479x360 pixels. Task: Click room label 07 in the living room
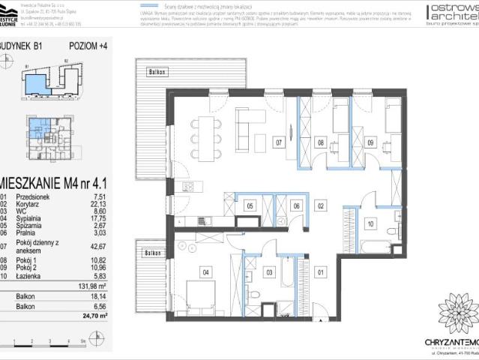[277, 141]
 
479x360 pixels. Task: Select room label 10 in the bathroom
[370, 223]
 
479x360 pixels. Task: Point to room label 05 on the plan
[250, 205]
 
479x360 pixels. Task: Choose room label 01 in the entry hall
[321, 272]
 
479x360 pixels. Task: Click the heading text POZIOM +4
[87, 46]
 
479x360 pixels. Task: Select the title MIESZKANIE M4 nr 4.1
[54, 181]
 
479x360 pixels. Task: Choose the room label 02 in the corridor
[321, 205]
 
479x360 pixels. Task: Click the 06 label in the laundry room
[296, 205]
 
